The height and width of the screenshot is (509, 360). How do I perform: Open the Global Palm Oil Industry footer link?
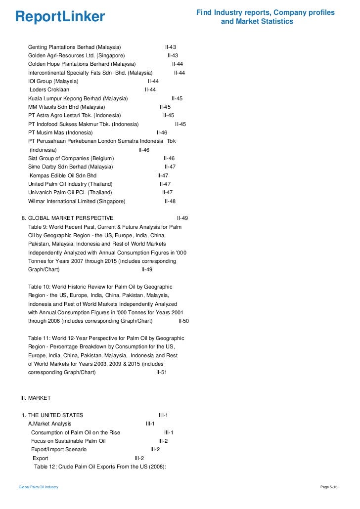(38, 487)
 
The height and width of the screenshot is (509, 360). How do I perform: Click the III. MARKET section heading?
(35, 398)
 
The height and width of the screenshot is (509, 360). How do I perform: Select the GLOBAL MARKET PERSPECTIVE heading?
(71, 218)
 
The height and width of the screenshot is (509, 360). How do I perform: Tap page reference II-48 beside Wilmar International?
(170, 201)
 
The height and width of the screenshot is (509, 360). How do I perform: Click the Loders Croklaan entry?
(49, 89)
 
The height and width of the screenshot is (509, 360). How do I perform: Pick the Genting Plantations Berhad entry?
(74, 47)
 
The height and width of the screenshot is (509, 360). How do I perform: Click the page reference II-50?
(183, 321)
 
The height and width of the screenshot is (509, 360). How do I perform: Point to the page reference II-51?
(162, 372)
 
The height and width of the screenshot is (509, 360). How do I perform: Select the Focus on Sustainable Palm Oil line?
(68, 441)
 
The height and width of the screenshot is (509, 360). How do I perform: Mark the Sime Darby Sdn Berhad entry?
(71, 167)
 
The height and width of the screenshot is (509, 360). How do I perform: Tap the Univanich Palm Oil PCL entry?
(70, 192)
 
